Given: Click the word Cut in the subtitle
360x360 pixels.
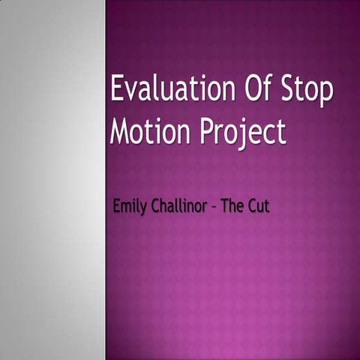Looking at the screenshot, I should (259, 206).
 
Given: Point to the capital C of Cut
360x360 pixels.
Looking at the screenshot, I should (253, 206).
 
